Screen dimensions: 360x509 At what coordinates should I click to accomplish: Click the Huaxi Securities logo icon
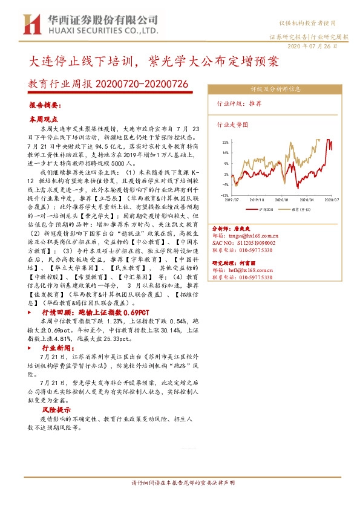pyautogui.click(x=30, y=24)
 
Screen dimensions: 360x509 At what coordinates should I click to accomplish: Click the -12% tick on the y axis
pyautogui.click(x=224, y=195)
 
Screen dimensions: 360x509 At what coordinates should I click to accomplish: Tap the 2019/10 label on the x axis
pyautogui.click(x=257, y=199)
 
